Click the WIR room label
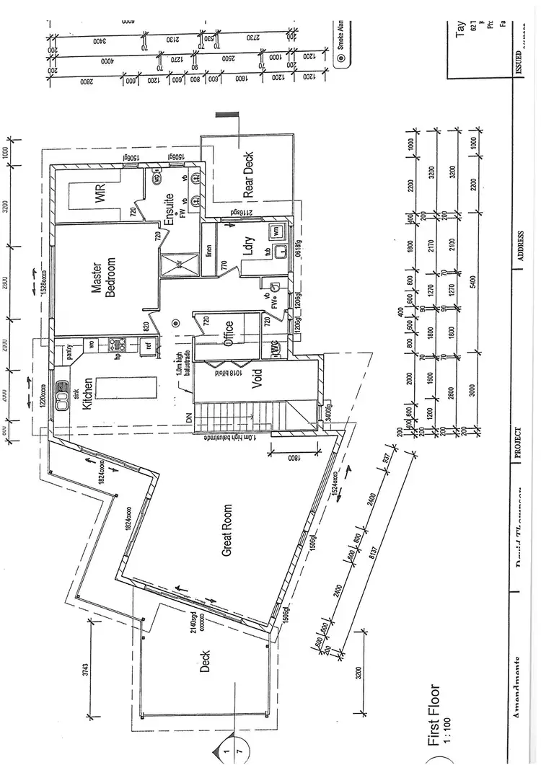pyautogui.click(x=100, y=194)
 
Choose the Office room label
pyautogui.click(x=229, y=334)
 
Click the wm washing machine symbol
pyautogui.click(x=276, y=231)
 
